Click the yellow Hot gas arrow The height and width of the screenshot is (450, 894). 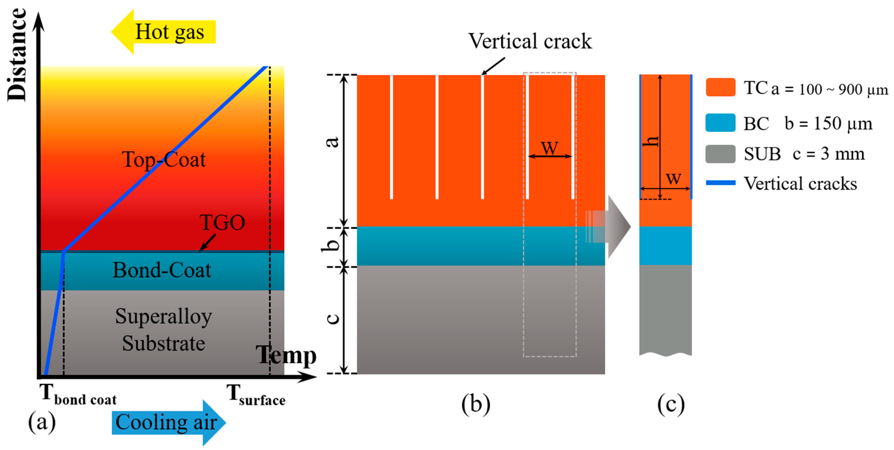pyautogui.click(x=163, y=32)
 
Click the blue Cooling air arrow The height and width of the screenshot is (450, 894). pyautogui.click(x=168, y=422)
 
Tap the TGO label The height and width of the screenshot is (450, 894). pyautogui.click(x=222, y=223)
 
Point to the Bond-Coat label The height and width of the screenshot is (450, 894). pyautogui.click(x=162, y=270)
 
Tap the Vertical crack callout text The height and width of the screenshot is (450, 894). pyautogui.click(x=530, y=41)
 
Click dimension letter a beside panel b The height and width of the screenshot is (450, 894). pyautogui.click(x=333, y=142)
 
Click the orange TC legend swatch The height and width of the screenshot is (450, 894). pyautogui.click(x=720, y=87)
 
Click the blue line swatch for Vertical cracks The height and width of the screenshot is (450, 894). pyautogui.click(x=720, y=183)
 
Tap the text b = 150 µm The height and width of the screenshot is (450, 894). pyautogui.click(x=828, y=123)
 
